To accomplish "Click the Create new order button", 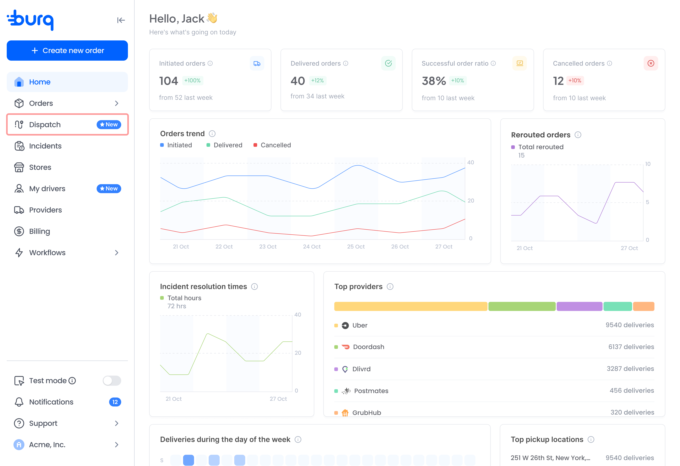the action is coord(67,51).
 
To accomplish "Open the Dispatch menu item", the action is coord(67,124).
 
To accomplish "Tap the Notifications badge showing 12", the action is coord(115,402).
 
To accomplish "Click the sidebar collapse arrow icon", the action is coord(121,20).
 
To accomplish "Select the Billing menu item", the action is coord(67,231).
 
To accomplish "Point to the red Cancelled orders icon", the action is coord(651,63).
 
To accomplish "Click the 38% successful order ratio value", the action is coord(434,81).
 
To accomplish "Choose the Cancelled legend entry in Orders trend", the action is coord(272,145).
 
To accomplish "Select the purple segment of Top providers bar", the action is coord(579,306).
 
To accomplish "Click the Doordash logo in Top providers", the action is coord(346,347).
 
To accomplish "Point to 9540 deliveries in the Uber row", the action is coord(630,325).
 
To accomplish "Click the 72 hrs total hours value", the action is coord(177,306).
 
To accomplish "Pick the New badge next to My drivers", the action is coord(109,189).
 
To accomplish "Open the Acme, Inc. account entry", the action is coord(67,445).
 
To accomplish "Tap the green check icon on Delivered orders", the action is coord(388,63).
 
